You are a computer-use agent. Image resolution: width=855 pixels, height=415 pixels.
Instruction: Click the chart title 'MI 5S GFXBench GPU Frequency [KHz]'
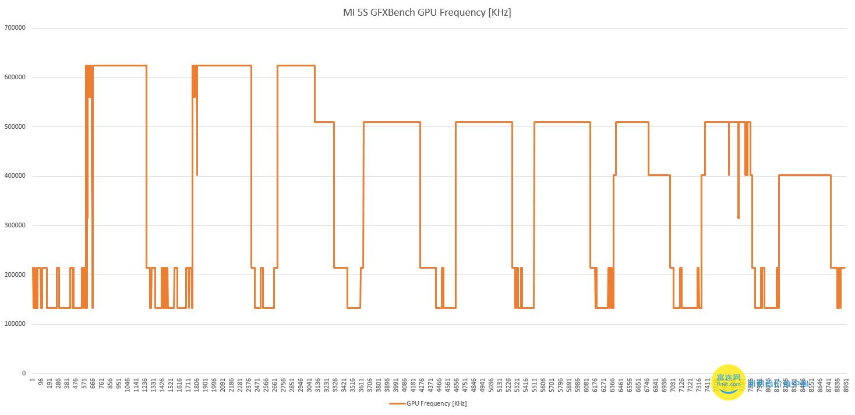tap(427, 12)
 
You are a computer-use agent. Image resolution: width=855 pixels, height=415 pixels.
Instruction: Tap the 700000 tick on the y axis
tap(15, 27)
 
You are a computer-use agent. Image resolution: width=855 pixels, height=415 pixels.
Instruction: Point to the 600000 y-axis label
tap(15, 77)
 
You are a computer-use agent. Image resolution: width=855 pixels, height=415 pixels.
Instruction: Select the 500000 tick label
tap(15, 126)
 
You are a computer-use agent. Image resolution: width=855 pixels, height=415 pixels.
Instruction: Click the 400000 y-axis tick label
tap(15, 176)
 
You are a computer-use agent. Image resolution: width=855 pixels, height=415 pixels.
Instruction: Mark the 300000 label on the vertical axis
tap(15, 225)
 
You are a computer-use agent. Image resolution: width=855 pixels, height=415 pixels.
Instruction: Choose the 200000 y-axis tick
tap(15, 275)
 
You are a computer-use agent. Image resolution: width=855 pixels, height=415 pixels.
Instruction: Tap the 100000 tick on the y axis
tap(15, 324)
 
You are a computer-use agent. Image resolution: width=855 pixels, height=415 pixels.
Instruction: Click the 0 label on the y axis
tap(24, 373)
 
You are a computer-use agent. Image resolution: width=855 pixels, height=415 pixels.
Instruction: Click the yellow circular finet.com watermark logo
tap(728, 383)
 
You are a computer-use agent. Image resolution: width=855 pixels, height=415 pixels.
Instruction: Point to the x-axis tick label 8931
tap(846, 385)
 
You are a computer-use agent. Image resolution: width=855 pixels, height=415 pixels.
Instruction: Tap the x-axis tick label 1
tap(33, 381)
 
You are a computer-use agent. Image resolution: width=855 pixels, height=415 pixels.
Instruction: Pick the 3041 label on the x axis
tap(309, 385)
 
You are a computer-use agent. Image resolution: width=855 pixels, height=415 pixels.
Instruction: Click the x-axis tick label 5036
tap(491, 385)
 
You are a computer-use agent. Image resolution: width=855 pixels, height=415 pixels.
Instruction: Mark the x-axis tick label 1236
tap(144, 385)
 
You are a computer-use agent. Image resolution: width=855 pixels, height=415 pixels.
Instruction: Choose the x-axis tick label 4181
tap(413, 385)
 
